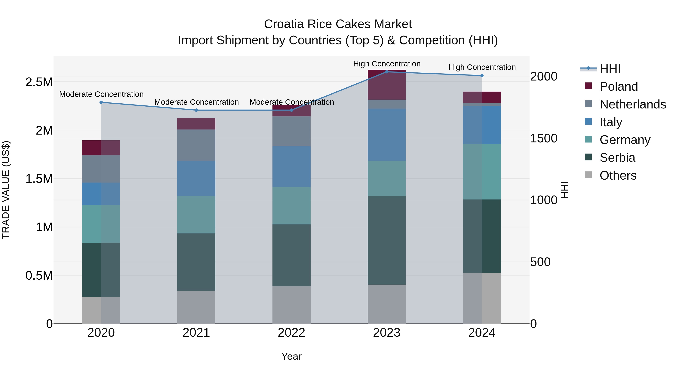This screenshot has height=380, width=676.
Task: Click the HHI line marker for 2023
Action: pyautogui.click(x=387, y=72)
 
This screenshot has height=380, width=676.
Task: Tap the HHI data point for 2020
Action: pyautogui.click(x=101, y=102)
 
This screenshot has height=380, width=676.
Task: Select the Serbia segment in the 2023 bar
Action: pyautogui.click(x=387, y=240)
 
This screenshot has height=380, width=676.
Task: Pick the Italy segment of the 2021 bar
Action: pyautogui.click(x=196, y=178)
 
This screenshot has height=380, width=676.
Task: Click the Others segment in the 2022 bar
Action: pyautogui.click(x=291, y=305)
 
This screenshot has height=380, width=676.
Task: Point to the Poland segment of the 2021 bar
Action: pyautogui.click(x=196, y=123)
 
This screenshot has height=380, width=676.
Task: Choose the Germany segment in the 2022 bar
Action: pyautogui.click(x=291, y=206)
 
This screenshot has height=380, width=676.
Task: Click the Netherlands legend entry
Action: pyautogui.click(x=633, y=104)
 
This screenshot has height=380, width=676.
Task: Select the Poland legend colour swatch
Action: pyautogui.click(x=588, y=86)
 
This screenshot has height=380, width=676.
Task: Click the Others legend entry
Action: pyautogui.click(x=618, y=175)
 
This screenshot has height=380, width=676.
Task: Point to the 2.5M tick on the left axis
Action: pyautogui.click(x=39, y=82)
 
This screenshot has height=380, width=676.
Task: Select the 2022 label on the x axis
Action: pyautogui.click(x=291, y=333)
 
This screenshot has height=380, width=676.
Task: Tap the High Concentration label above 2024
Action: pyautogui.click(x=482, y=67)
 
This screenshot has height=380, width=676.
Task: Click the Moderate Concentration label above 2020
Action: pyautogui.click(x=101, y=94)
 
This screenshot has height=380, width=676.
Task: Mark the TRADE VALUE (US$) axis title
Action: pyautogui.click(x=6, y=190)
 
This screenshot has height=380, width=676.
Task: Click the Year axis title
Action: pyautogui.click(x=291, y=356)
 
